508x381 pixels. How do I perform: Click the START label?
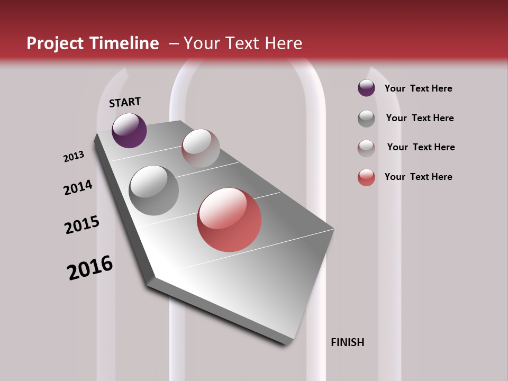[125, 102]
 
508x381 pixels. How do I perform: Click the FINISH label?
[347, 342]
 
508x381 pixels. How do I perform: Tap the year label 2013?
[74, 157]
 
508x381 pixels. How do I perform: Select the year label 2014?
[78, 187]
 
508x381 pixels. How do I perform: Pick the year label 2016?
[90, 268]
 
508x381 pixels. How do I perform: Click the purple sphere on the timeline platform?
[129, 130]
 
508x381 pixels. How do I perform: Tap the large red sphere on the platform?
[229, 220]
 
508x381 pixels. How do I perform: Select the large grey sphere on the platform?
[154, 190]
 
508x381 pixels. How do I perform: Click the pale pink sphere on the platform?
[201, 148]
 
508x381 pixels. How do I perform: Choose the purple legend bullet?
[366, 88]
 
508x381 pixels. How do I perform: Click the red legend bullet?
[366, 177]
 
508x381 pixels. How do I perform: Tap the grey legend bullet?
[366, 119]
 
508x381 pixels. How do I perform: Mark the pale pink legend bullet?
[366, 148]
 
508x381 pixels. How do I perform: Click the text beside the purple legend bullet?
[418, 88]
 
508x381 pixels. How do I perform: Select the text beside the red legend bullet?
[418, 177]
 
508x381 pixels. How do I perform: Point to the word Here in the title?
[283, 43]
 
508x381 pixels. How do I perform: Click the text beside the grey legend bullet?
[420, 118]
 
